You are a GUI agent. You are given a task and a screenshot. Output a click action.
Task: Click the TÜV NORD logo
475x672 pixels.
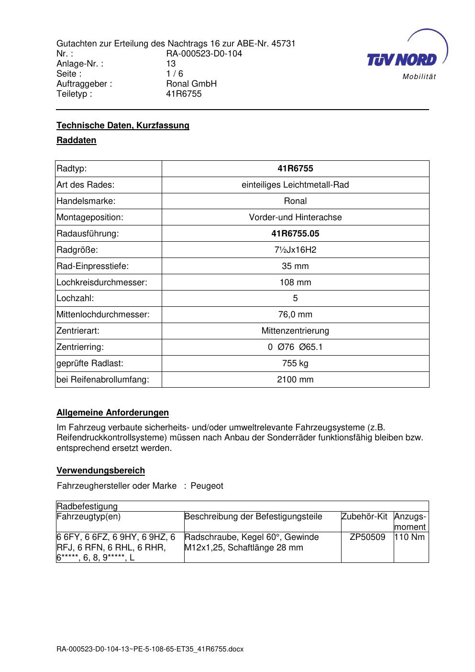406,55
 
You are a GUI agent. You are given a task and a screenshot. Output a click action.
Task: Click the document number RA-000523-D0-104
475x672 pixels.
204,54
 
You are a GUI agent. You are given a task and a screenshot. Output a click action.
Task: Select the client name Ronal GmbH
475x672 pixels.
191,84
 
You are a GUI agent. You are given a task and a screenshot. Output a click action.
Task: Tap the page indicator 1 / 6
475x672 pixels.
175,74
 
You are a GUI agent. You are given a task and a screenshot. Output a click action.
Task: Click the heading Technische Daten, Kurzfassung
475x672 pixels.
123,125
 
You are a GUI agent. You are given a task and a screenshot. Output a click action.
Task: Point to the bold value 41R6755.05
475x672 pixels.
295,234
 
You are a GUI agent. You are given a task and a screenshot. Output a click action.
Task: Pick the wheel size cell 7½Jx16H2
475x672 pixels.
295,250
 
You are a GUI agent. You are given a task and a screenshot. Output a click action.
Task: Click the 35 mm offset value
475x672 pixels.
295,266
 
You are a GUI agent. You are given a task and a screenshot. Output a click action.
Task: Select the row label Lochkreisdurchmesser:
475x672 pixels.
102,282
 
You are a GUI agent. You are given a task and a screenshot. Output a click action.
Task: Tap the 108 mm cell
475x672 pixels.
295,282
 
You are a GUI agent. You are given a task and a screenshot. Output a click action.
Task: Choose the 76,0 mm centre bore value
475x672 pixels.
295,314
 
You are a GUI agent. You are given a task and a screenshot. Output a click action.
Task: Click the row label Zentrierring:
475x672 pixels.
80,347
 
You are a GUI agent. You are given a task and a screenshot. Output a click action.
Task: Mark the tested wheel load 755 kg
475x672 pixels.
295,363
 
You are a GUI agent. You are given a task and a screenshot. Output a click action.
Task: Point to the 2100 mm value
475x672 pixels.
295,380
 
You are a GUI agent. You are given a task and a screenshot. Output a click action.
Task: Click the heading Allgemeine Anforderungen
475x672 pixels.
113,413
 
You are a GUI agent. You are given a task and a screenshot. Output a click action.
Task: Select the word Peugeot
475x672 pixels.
207,486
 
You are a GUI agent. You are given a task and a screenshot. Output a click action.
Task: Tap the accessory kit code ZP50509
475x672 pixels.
367,537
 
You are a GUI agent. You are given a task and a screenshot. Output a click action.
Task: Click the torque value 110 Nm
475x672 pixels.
409,537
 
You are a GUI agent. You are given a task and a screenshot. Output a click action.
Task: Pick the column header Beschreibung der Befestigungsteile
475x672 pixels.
254,516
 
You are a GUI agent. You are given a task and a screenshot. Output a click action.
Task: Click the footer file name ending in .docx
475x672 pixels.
150,649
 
